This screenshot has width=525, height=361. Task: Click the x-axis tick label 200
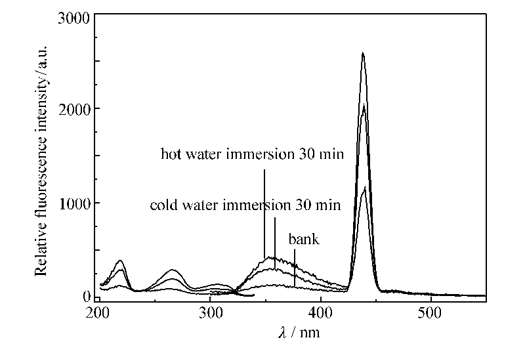(x=98, y=312)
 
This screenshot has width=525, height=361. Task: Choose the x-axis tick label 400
(x=320, y=312)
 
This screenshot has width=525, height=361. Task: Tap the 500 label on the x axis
(x=430, y=312)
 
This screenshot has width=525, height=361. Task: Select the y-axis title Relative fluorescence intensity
(x=42, y=158)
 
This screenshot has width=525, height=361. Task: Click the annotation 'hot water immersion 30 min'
(x=253, y=155)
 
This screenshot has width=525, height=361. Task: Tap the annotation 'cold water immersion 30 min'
(x=245, y=205)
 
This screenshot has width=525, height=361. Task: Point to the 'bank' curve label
(x=304, y=240)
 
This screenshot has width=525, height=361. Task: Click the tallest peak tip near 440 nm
(x=363, y=53)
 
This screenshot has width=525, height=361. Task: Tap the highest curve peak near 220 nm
(x=120, y=261)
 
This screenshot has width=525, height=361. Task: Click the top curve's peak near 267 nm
(x=174, y=270)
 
